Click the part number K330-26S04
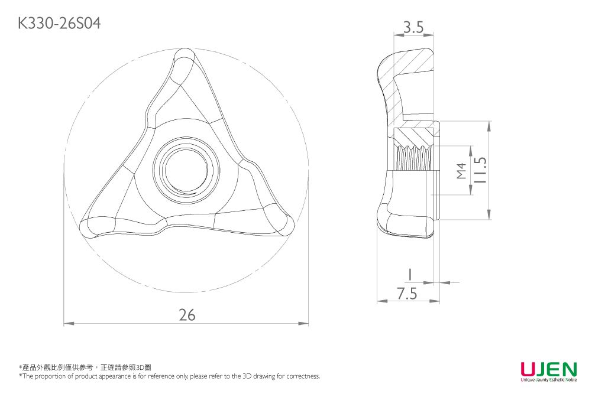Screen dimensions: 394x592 pos(59,24)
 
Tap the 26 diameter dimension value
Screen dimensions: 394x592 pos(187,315)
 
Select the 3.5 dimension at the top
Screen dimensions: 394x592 pos(413,27)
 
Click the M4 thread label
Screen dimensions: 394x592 pos(462,170)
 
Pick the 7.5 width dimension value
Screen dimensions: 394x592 pos(407,294)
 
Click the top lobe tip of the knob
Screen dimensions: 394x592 pos(188,58)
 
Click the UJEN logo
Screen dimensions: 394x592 pos(548,369)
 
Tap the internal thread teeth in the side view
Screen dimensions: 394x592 pos(410,158)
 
